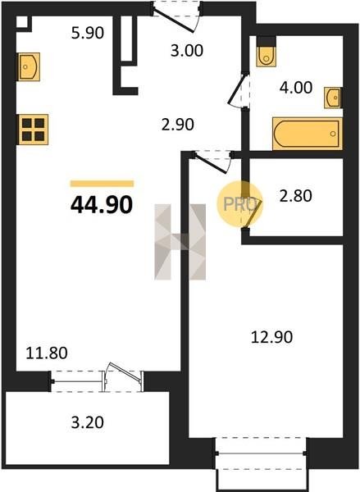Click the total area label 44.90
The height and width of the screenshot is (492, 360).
coord(102,204)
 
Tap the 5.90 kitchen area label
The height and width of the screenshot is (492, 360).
coord(88,33)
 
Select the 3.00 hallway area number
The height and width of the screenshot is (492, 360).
coord(187,51)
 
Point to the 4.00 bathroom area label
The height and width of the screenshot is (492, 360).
coord(296,88)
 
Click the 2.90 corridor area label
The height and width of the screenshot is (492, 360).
coord(178,125)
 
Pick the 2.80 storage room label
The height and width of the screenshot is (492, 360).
coord(296,196)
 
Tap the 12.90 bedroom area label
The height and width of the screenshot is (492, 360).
coord(271,337)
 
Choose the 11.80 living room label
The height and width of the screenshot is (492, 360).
coord(47,353)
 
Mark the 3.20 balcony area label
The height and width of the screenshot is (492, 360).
coord(87,422)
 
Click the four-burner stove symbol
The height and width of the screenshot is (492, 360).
coord(34,130)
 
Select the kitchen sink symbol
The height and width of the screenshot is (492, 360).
coord(30,67)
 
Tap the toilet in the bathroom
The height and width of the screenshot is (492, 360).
coord(267,57)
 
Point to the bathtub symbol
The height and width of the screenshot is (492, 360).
coord(308,134)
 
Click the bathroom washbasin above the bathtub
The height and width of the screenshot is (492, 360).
coord(333,98)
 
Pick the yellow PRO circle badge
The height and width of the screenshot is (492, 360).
coord(240,204)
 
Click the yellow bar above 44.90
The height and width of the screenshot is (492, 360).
coord(102,184)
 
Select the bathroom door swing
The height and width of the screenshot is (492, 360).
coord(237,90)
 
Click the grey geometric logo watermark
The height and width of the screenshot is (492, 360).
coord(180,242)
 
